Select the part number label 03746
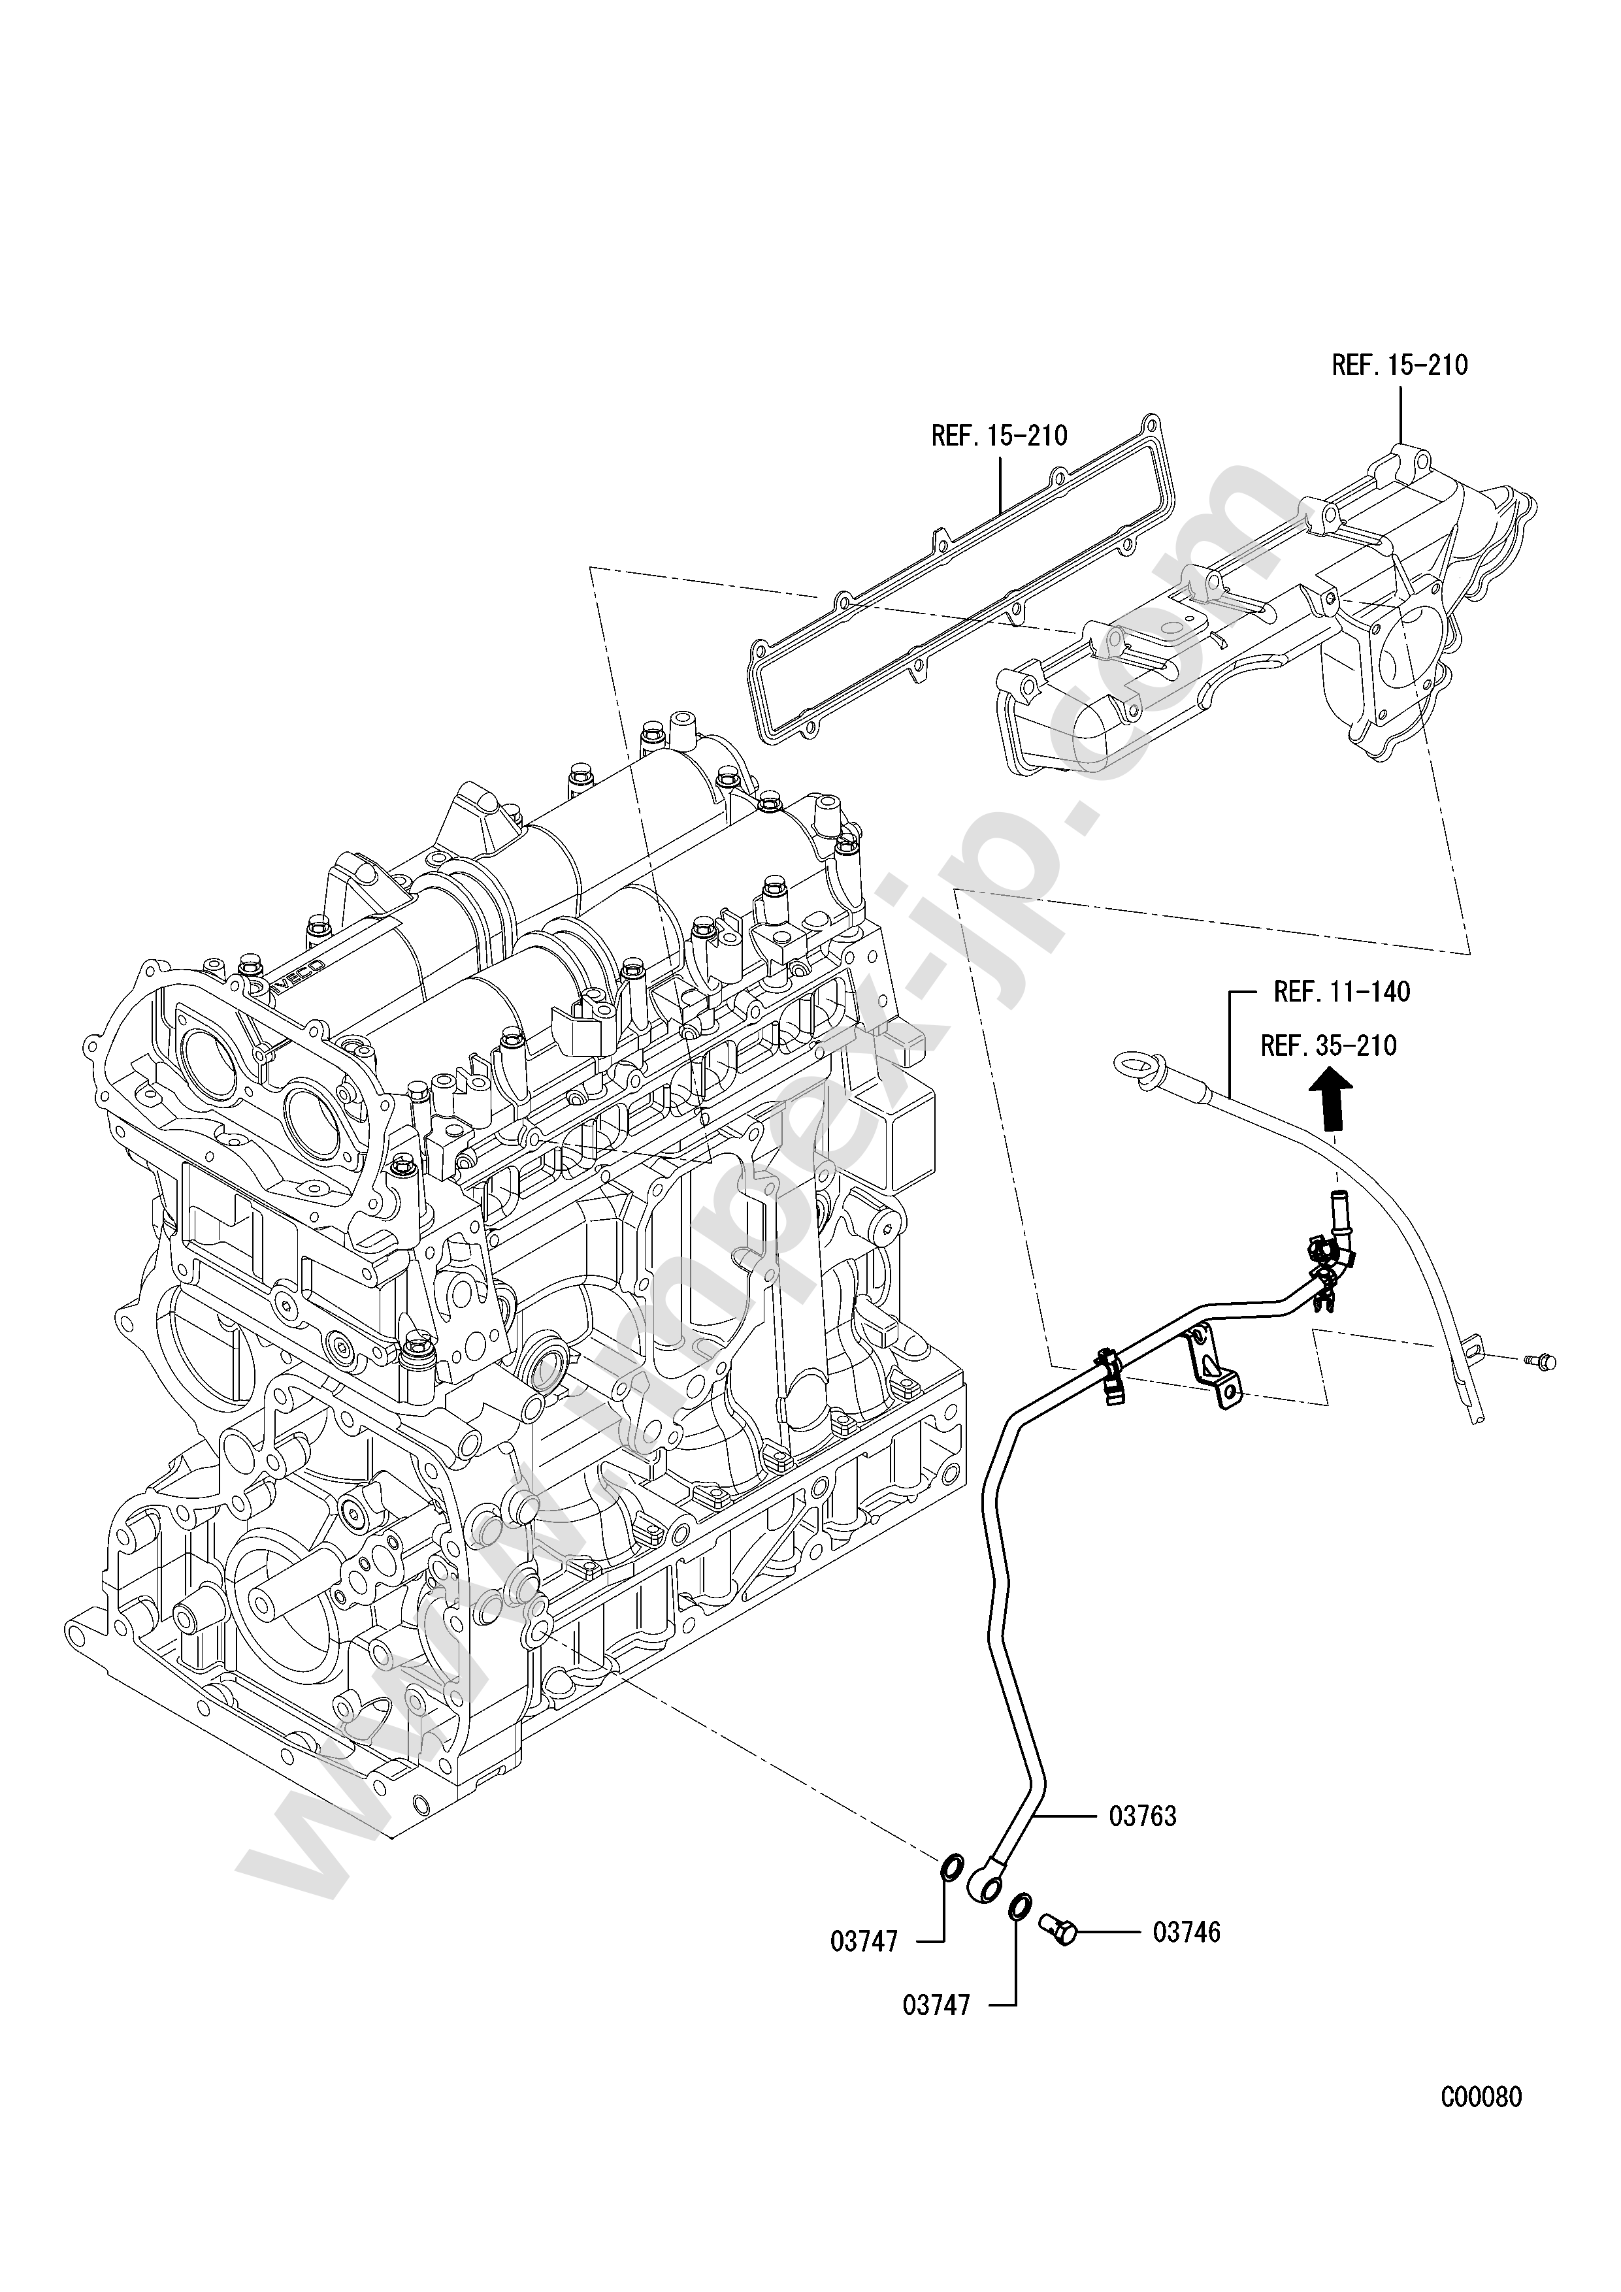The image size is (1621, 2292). [x=1186, y=1933]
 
